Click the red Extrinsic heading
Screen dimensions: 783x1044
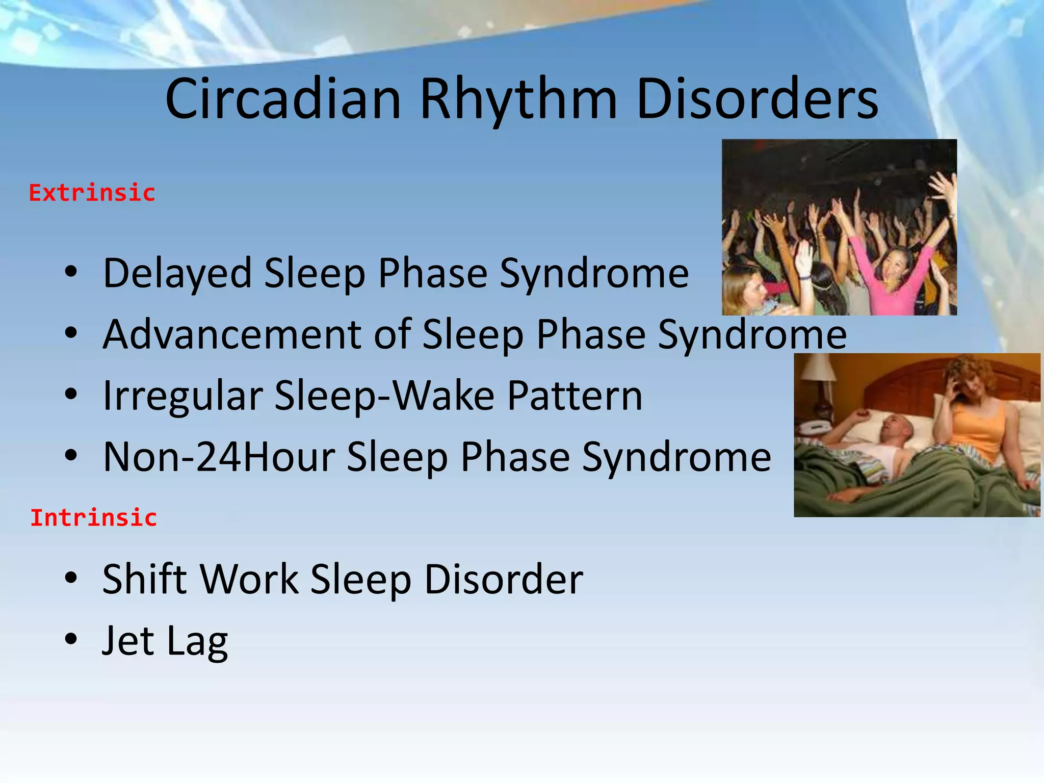[x=92, y=193]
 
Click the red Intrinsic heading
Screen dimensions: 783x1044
[x=93, y=518]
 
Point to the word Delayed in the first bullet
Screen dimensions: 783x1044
[x=177, y=274]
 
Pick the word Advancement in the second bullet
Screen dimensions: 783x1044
[x=232, y=334]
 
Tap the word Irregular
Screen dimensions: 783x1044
[x=182, y=396]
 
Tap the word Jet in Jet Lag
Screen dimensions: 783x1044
[x=127, y=641]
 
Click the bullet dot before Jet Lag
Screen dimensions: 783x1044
[x=71, y=639]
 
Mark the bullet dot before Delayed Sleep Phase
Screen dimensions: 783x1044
[x=71, y=272]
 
